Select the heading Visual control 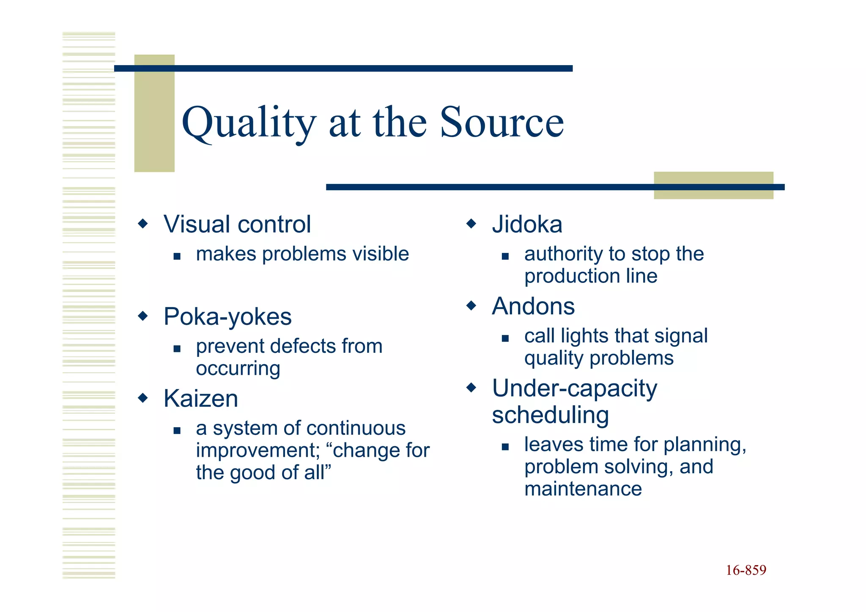pyautogui.click(x=237, y=224)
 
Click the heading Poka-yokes pyautogui.click(x=227, y=316)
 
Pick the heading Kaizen pyautogui.click(x=201, y=398)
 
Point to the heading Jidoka pyautogui.click(x=527, y=224)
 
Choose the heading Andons pyautogui.click(x=533, y=306)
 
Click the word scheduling pyautogui.click(x=550, y=415)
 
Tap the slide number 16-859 pyautogui.click(x=746, y=570)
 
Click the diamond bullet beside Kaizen pyautogui.click(x=143, y=398)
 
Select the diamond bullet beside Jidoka pyautogui.click(x=471, y=223)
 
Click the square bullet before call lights pyautogui.click(x=505, y=338)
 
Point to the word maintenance pyautogui.click(x=583, y=489)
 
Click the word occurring pyautogui.click(x=238, y=369)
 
